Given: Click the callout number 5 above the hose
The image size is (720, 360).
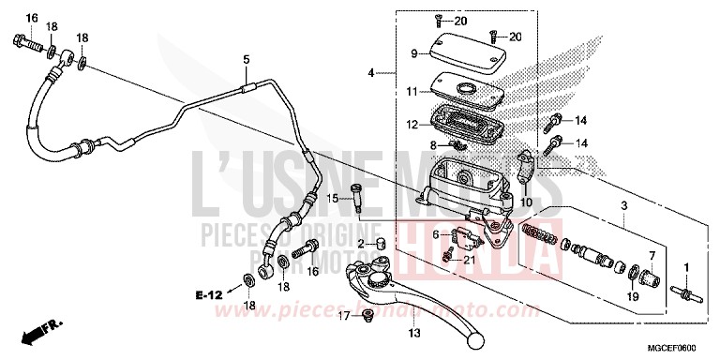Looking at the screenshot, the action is tap(247, 61).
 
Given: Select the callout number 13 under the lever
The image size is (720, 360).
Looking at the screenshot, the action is tap(412, 333).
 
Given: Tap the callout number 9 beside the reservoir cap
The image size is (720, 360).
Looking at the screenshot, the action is tap(413, 53).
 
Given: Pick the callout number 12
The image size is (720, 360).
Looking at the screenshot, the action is tap(412, 124).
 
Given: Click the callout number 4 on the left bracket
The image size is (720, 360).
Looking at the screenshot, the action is tap(373, 72).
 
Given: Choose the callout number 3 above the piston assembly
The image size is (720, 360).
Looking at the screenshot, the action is tap(622, 203).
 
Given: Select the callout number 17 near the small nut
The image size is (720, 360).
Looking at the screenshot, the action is tap(343, 317).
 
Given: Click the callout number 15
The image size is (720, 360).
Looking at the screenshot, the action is tap(332, 197).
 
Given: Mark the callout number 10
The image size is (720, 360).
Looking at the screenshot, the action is tap(525, 202).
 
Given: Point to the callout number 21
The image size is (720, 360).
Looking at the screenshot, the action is tap(470, 259).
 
